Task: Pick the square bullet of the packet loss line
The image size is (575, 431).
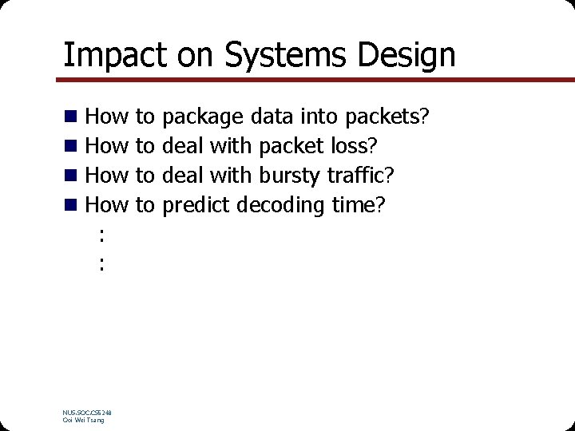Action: click(x=71, y=147)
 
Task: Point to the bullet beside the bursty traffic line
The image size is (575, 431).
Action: click(x=71, y=176)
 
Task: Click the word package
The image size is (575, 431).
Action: click(x=203, y=118)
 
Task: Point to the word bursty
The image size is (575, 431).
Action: click(x=285, y=176)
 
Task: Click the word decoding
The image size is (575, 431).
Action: click(x=283, y=206)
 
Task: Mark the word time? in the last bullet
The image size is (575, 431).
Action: click(x=359, y=206)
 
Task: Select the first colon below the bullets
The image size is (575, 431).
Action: click(x=101, y=234)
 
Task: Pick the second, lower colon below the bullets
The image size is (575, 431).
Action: click(x=101, y=263)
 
